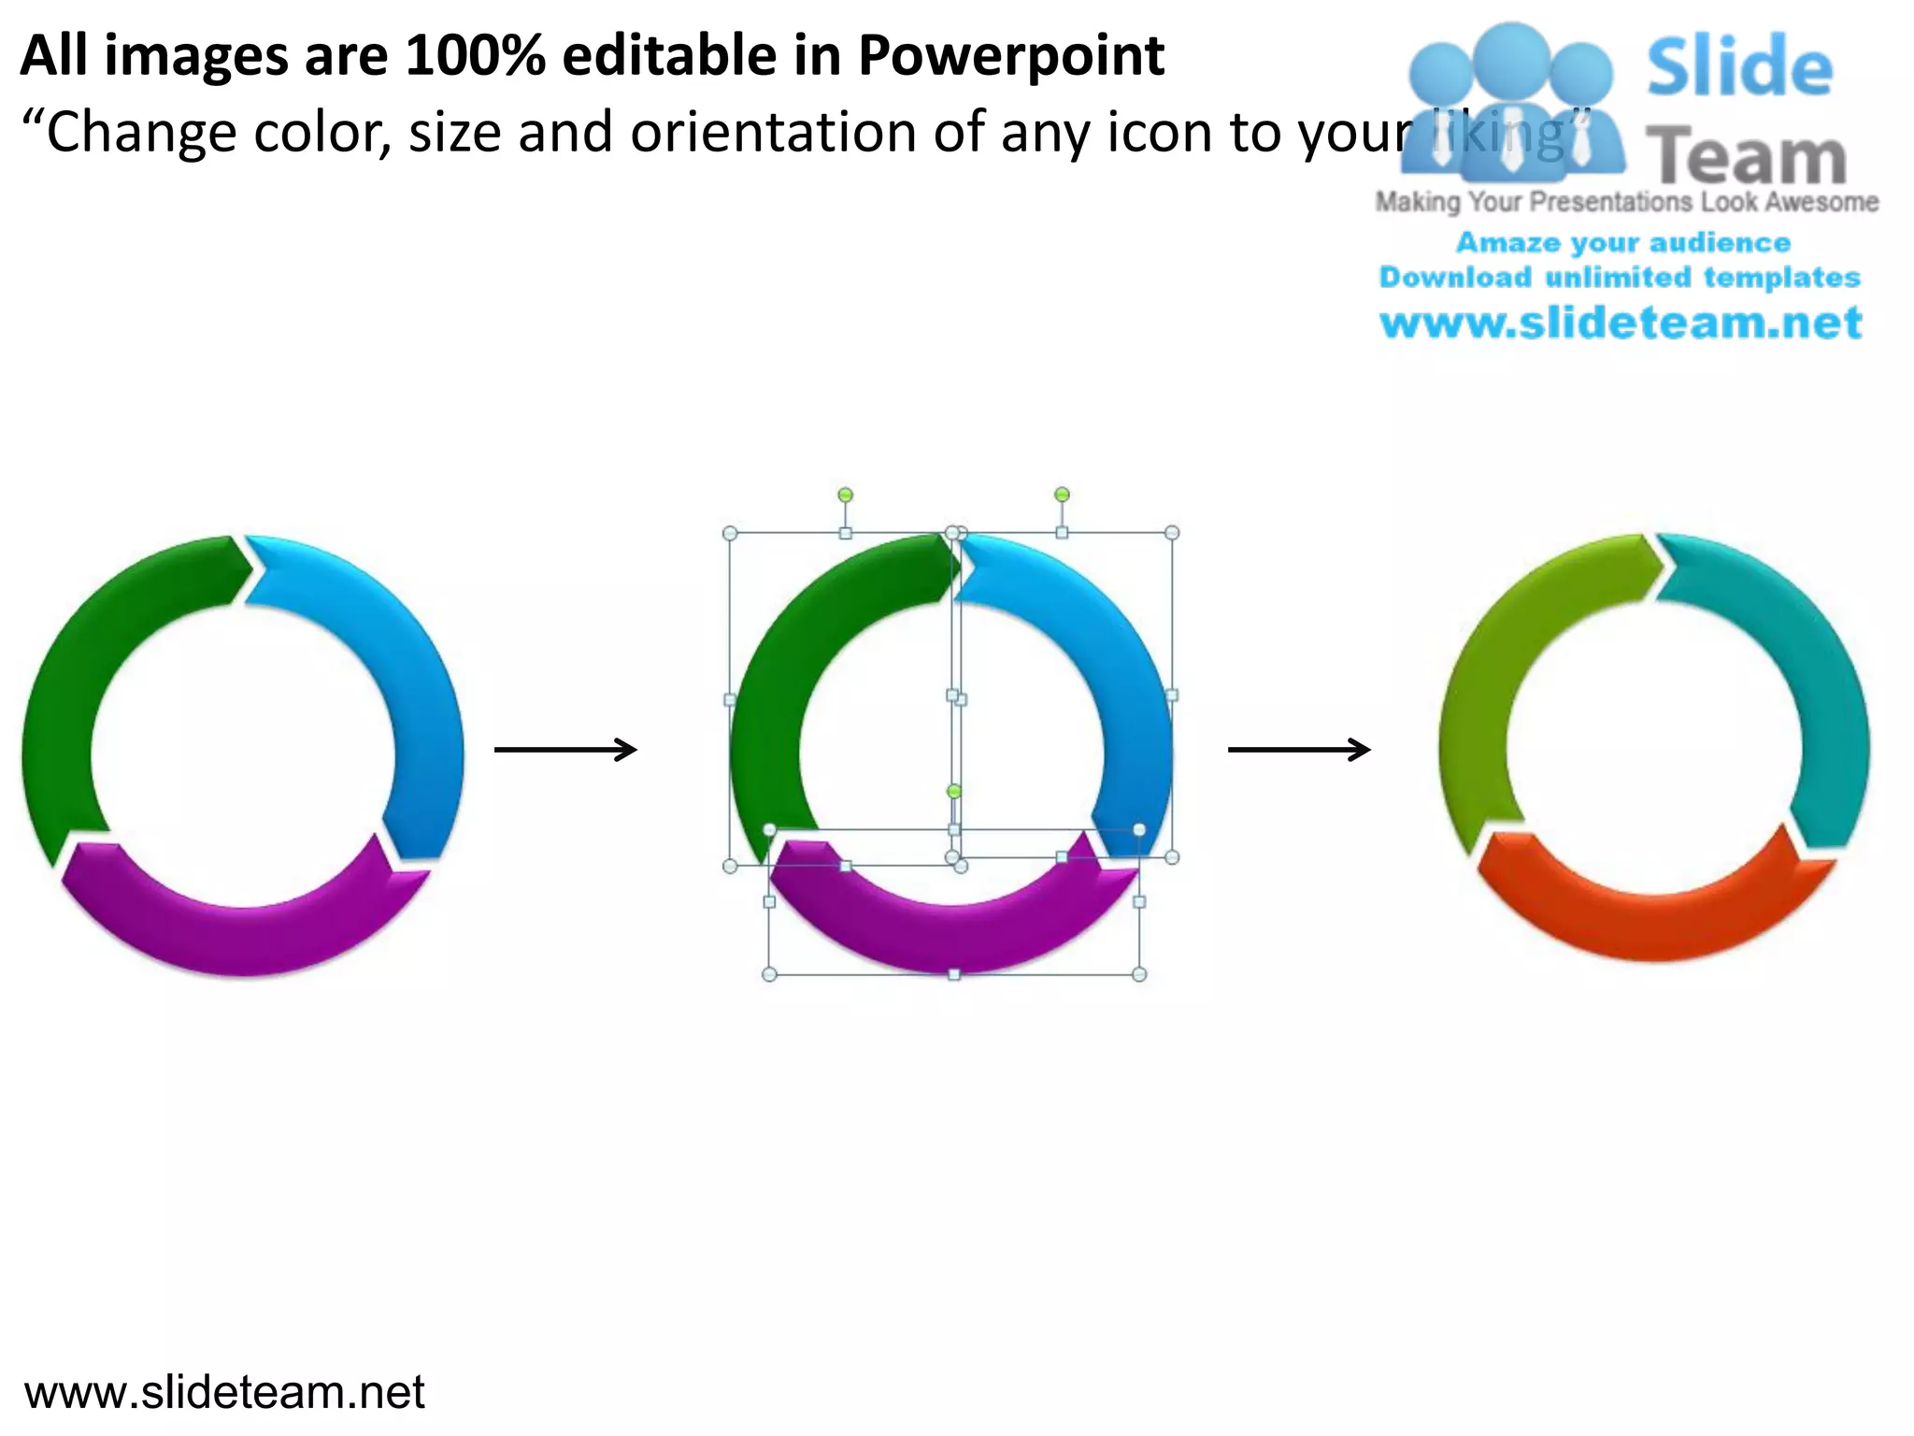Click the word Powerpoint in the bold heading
[x=1010, y=56]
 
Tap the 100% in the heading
[x=475, y=56]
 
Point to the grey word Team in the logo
[x=1745, y=156]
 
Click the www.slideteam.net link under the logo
[x=1621, y=323]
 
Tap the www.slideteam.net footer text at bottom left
[x=224, y=1392]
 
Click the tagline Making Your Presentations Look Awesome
[x=1626, y=202]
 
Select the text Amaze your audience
[x=1622, y=242]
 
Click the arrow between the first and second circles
[x=565, y=749]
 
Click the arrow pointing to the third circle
[x=1299, y=749]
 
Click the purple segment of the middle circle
[x=953, y=935]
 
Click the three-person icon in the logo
[x=1511, y=103]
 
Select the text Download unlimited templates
[x=1620, y=278]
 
